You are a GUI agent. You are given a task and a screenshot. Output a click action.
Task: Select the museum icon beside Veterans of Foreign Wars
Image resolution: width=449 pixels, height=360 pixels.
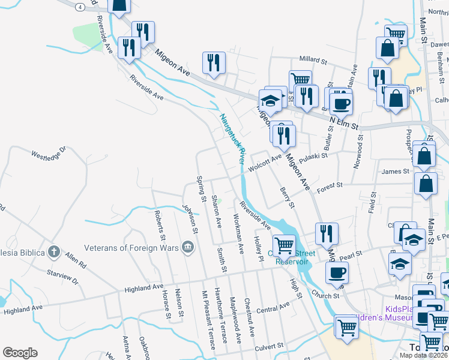188,247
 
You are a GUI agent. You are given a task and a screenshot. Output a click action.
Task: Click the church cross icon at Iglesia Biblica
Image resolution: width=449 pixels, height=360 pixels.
54,252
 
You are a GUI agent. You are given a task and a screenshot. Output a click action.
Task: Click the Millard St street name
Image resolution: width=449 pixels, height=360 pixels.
313,61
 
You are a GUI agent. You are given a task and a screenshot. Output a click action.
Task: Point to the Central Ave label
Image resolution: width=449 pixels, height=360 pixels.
273,308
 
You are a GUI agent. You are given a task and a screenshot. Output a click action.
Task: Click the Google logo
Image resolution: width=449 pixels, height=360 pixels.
20,353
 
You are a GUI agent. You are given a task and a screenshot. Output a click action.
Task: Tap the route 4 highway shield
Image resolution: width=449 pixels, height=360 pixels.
80,6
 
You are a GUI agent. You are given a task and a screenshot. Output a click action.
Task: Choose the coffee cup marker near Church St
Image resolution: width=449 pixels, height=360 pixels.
336,272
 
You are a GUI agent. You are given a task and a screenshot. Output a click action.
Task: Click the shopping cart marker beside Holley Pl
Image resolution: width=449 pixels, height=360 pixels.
283,244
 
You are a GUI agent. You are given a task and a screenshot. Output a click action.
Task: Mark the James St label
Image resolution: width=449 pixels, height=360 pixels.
395,172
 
